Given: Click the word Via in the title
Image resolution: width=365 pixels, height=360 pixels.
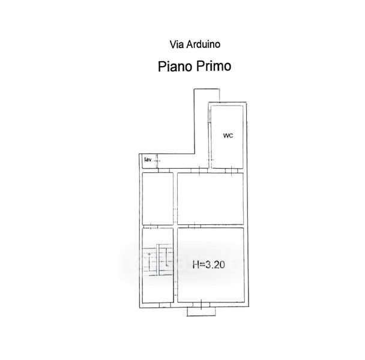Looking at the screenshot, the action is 176,44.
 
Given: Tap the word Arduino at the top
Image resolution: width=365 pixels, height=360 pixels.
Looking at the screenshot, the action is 204,44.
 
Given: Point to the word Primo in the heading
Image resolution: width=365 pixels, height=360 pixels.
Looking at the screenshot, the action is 214,66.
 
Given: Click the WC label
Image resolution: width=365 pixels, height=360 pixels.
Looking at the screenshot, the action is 228,136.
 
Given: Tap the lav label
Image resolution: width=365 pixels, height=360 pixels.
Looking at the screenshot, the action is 148,160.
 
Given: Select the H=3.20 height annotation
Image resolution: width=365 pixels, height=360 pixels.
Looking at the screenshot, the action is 209,265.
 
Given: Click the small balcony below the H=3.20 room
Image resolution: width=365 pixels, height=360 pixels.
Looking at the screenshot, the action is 201,311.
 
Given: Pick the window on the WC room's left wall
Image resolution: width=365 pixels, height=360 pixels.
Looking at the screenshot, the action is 210,115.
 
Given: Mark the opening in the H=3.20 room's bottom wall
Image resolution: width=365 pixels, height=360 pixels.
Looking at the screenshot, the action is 201,305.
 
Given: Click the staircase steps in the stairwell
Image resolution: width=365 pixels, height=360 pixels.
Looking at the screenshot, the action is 158,259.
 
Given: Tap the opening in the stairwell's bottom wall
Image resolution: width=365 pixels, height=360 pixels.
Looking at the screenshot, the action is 165,305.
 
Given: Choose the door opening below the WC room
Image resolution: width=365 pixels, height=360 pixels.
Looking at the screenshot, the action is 231,170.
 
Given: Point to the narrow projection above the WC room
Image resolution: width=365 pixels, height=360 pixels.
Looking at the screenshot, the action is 207,95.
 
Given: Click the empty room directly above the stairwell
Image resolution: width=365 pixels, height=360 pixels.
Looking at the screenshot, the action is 158,199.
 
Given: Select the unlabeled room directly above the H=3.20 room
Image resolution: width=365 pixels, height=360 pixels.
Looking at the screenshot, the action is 211,199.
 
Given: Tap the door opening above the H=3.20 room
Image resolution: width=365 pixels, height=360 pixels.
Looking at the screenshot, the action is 195,226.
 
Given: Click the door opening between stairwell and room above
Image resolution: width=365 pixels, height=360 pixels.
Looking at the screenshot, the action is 151,226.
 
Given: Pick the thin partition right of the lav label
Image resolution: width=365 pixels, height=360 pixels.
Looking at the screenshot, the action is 157,161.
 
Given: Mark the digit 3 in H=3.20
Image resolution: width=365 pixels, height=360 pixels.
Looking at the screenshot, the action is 208,265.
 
